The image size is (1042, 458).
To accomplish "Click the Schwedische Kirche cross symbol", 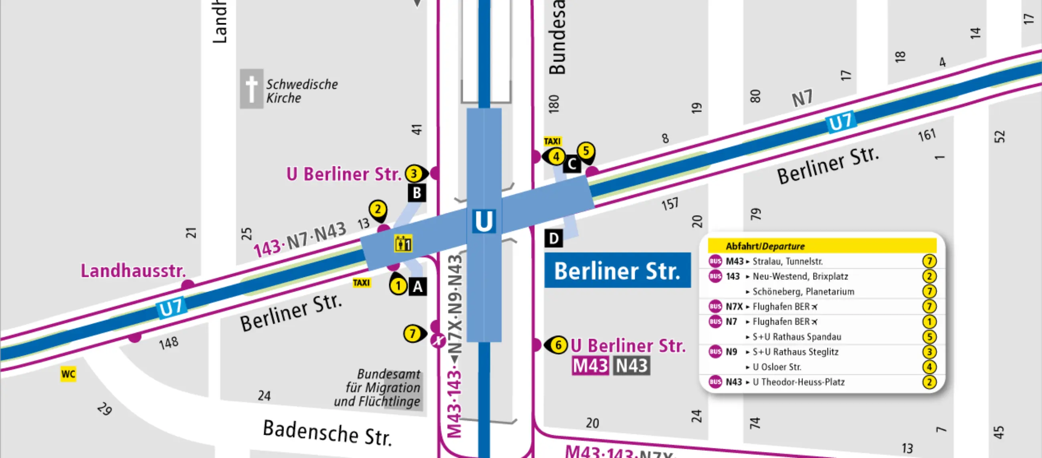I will [x=251, y=89].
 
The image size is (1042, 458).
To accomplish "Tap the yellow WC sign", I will [x=68, y=374].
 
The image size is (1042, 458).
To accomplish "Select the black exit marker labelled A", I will [x=418, y=287].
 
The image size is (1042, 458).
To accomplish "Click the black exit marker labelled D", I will [x=553, y=238].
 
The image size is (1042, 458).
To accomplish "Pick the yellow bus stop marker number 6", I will [x=558, y=345].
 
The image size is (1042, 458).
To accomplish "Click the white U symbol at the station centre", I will [x=484, y=221].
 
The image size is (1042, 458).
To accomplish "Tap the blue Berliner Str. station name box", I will [x=617, y=270].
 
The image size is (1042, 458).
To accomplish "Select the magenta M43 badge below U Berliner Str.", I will [x=590, y=366].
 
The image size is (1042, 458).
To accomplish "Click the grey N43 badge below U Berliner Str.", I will [x=632, y=366].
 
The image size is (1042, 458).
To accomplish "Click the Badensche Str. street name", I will [x=327, y=432].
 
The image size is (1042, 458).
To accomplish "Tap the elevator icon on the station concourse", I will [x=403, y=244].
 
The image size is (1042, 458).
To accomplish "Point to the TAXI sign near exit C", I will [x=552, y=141].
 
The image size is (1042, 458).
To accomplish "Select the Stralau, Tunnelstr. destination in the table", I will [x=787, y=261].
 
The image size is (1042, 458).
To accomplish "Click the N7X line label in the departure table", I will [x=734, y=307].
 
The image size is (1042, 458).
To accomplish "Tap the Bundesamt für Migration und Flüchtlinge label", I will [x=377, y=387].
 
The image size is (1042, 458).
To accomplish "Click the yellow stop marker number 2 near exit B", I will [x=378, y=210].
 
